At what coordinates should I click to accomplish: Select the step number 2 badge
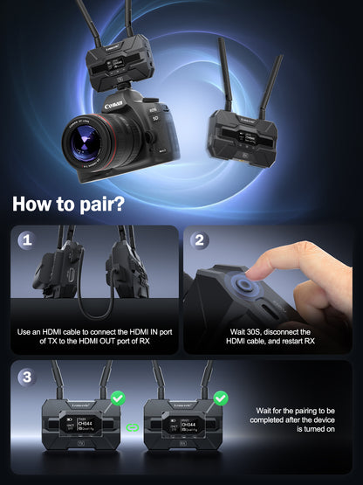tap(200, 239)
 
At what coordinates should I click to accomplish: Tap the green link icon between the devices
tap(134, 428)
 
